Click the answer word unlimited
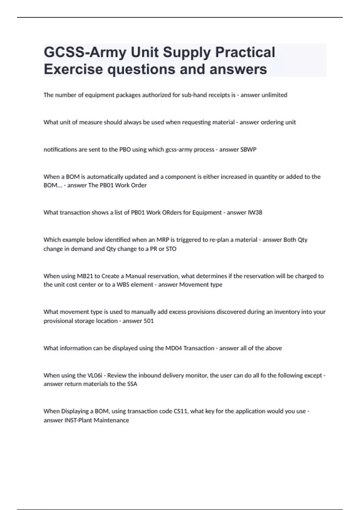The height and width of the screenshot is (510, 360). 274,95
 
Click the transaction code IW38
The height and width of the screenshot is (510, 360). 255,212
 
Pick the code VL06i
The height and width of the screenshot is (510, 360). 94,375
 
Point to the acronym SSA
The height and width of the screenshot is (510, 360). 132,384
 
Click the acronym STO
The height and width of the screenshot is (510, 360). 171,249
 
